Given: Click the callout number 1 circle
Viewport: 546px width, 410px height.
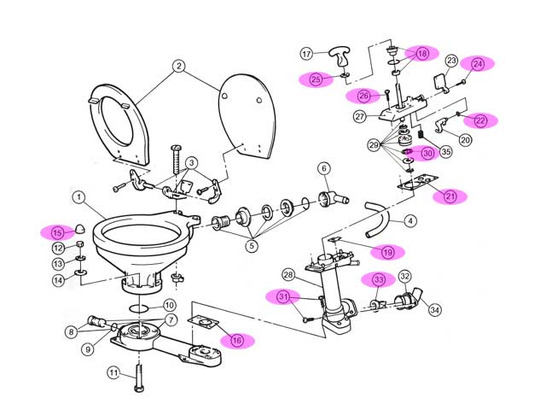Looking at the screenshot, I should pos(78,198).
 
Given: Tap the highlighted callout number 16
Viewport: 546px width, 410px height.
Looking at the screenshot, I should pos(237,340).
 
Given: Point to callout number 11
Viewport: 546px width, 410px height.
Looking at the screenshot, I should pos(113,372).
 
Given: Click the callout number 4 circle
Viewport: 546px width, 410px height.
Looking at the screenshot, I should pos(410,220).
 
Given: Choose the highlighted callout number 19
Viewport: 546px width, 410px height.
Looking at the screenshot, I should pos(387,252).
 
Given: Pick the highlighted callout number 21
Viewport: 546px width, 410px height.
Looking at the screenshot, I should pos(450,196).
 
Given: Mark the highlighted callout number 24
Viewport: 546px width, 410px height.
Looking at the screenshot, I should pos(478,63).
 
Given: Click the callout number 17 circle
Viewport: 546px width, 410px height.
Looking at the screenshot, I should pos(307,54).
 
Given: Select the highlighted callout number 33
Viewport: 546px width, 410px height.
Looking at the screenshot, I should pos(378,279).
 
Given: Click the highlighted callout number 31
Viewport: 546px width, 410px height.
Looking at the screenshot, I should pos(283,296).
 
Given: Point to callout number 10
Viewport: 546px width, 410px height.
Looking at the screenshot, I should pos(169,304).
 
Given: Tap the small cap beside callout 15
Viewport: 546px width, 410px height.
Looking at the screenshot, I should pos(78,228).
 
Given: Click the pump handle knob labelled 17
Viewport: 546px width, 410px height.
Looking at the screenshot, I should pos(340,60).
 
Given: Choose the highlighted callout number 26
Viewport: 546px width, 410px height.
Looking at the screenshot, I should pos(364,96).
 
